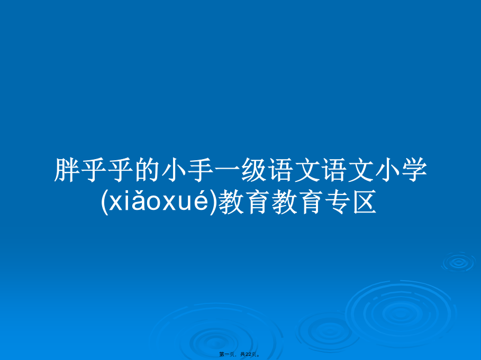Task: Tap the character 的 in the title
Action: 147,170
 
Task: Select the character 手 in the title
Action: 201,170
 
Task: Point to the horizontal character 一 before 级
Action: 228,170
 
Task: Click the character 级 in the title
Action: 254,170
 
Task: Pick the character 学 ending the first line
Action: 414,170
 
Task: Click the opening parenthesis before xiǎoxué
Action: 105,202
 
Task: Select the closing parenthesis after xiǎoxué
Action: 213,202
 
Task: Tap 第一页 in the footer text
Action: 226,355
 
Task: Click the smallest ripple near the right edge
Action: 459,262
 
